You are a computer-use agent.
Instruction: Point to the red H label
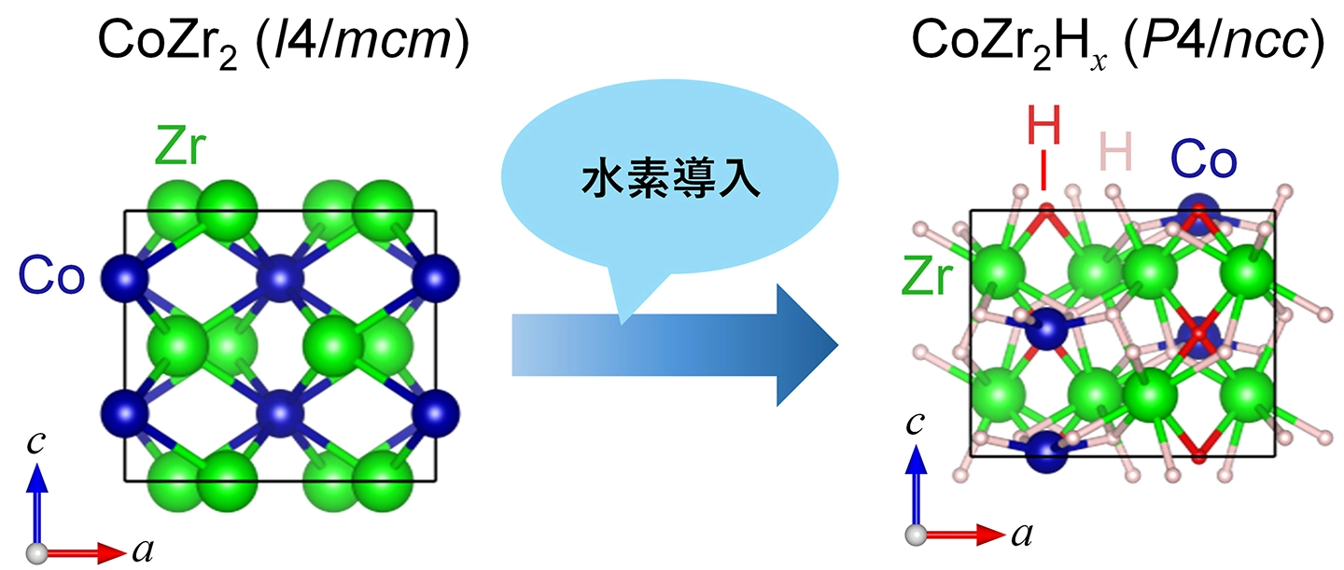click(x=1043, y=125)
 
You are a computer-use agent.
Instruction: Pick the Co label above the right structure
click(x=1204, y=160)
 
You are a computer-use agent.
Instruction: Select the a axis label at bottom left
click(x=143, y=549)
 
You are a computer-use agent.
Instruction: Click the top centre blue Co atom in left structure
click(x=280, y=277)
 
